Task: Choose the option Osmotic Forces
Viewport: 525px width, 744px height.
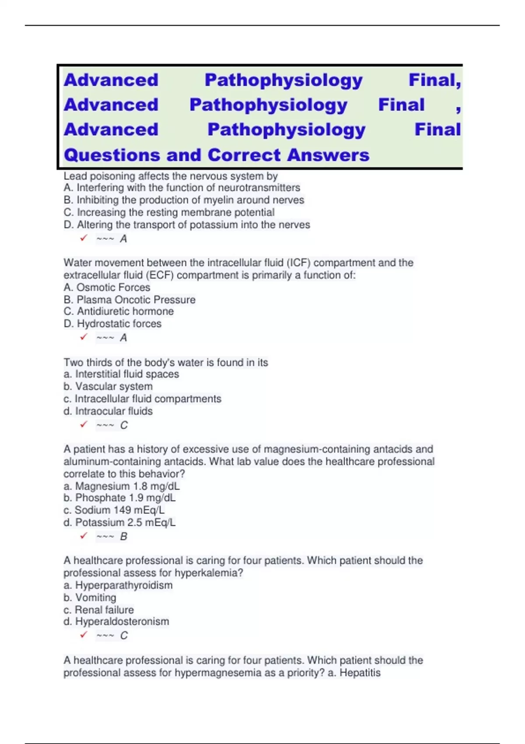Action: click(x=113, y=288)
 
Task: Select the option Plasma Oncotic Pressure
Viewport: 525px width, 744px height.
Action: click(x=136, y=300)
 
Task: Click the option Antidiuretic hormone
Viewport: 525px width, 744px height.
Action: click(x=125, y=311)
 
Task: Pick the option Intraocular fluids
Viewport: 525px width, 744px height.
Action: click(x=114, y=411)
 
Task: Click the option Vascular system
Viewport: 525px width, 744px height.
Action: click(x=114, y=386)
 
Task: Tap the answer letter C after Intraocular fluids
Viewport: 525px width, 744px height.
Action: click(x=124, y=425)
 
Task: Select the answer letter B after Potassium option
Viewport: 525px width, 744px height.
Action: click(x=124, y=537)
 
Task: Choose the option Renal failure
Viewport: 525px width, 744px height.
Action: click(x=104, y=610)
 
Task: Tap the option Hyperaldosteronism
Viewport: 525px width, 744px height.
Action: click(x=122, y=621)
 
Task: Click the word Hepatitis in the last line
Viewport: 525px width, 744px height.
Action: click(x=360, y=673)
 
